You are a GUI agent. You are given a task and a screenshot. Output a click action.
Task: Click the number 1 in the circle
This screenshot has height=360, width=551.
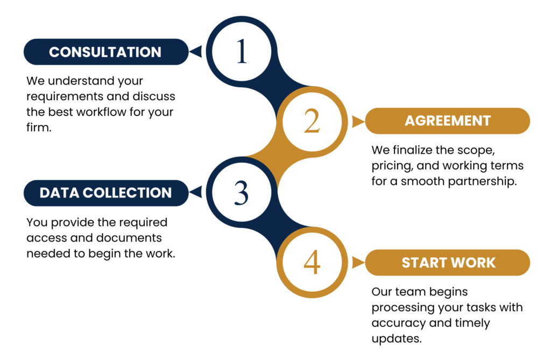[x=242, y=52]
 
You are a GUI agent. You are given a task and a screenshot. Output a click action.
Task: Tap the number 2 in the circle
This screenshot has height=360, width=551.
[x=312, y=121]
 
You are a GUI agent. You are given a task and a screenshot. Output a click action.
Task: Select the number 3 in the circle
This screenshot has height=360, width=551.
[x=242, y=193]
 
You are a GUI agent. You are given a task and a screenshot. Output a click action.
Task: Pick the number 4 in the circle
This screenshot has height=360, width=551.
[x=312, y=263]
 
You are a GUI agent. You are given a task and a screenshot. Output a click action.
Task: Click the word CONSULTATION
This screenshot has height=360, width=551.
[x=105, y=52]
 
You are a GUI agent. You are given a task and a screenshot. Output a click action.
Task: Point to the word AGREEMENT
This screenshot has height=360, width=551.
[x=448, y=121]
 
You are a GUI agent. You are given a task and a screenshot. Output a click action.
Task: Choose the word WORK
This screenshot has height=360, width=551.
[x=474, y=263]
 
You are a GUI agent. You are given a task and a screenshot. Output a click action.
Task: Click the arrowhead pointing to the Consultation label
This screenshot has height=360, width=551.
[x=196, y=52]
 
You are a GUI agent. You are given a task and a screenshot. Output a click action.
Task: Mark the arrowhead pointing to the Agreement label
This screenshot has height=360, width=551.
[x=357, y=122]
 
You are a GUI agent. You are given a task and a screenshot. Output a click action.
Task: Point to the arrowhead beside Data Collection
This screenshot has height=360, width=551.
[x=196, y=192]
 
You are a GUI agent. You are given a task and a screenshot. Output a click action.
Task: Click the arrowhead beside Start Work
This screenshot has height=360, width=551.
[x=357, y=263]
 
